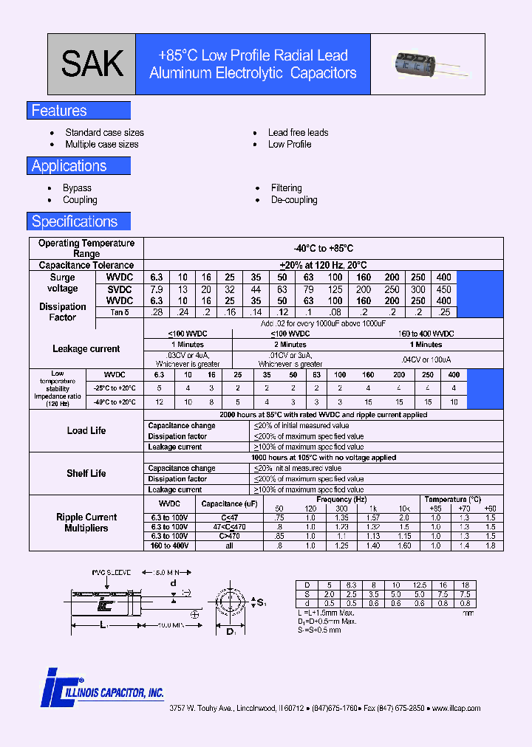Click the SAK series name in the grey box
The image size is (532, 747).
click(x=92, y=63)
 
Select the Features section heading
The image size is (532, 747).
click(x=59, y=111)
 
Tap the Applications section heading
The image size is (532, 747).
click(x=69, y=166)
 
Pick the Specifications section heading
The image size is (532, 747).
click(x=74, y=221)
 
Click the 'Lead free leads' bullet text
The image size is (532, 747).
click(x=298, y=133)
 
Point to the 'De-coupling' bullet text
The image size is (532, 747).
click(x=294, y=200)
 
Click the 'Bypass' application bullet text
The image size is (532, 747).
click(x=77, y=188)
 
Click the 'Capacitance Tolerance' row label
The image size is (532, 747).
click(x=86, y=265)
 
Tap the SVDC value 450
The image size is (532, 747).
click(x=443, y=289)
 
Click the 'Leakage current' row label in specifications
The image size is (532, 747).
click(x=86, y=349)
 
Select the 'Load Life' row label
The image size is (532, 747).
click(x=86, y=431)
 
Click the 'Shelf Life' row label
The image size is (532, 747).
click(x=86, y=474)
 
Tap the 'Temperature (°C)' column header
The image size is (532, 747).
click(x=452, y=500)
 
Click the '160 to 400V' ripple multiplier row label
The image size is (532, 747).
click(x=171, y=545)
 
